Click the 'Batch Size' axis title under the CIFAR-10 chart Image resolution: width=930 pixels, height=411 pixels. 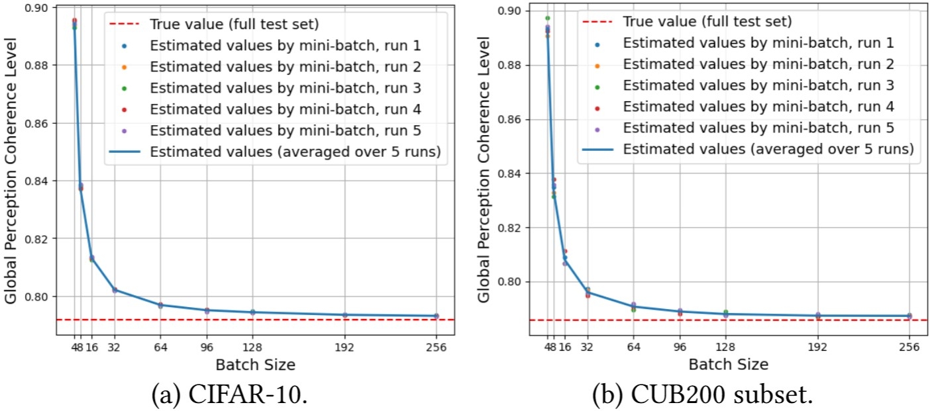click(x=255, y=365)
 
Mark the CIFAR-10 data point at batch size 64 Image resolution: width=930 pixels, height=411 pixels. click(x=160, y=305)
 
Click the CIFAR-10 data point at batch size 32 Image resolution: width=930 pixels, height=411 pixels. click(x=115, y=290)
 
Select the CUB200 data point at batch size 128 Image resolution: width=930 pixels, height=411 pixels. click(x=726, y=314)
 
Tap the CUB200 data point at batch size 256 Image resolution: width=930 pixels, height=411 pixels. click(x=909, y=316)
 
